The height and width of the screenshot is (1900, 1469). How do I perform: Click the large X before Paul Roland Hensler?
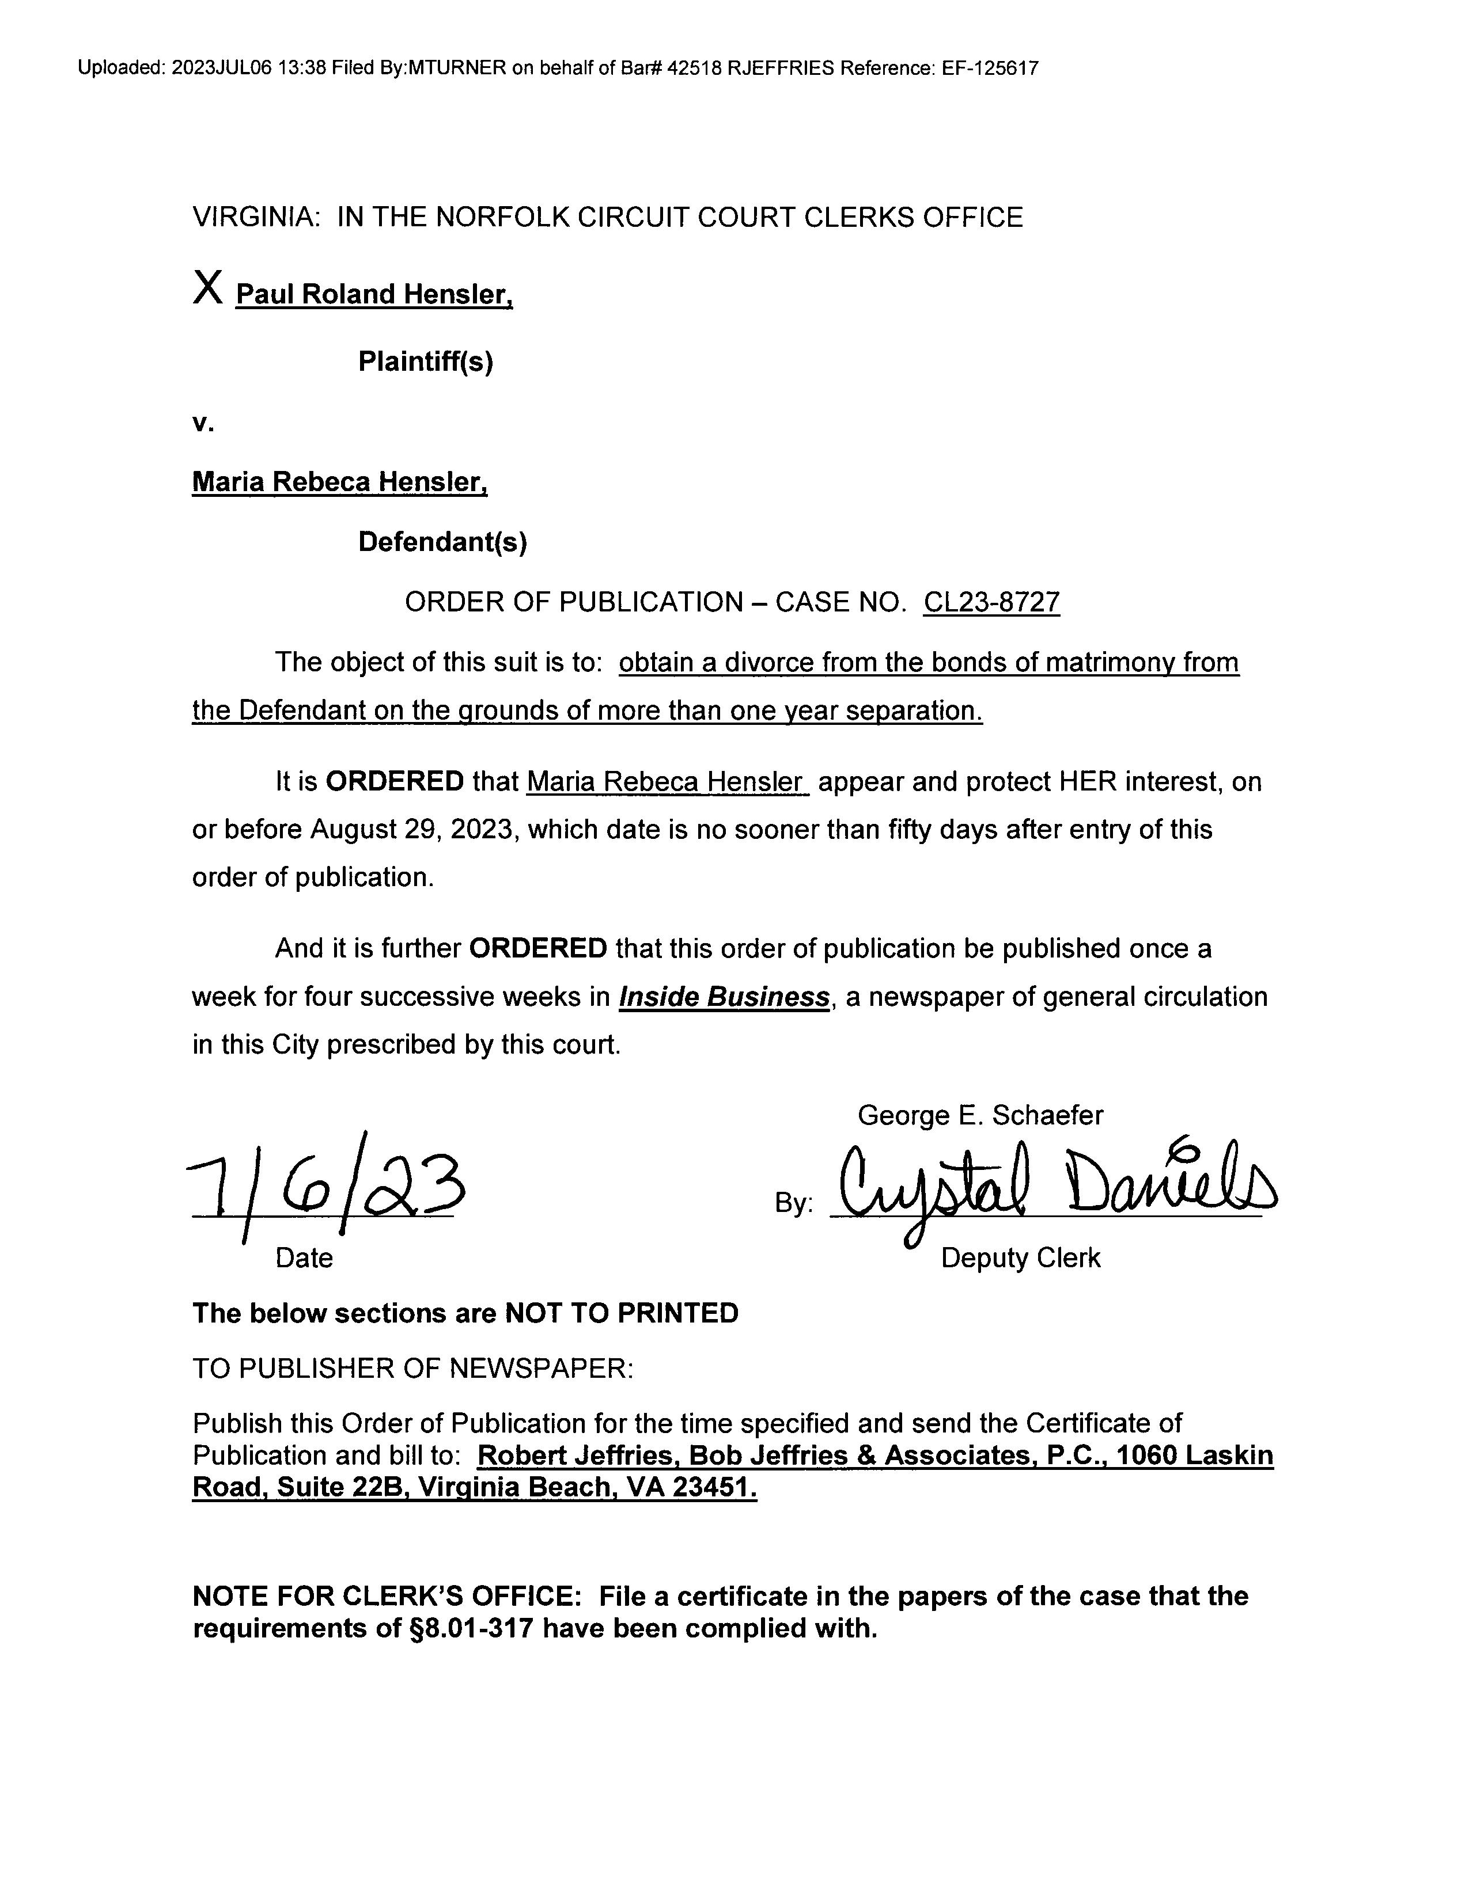208,287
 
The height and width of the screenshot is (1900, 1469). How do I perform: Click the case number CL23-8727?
991,602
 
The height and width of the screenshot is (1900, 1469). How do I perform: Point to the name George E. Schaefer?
980,1115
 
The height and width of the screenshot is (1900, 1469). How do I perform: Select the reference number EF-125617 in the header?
990,69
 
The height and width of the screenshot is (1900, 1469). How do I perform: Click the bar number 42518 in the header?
694,69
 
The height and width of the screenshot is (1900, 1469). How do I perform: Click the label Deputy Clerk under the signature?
1020,1258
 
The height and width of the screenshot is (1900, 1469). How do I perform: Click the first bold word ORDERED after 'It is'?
394,782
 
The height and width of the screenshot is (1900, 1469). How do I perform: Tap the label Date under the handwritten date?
304,1258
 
